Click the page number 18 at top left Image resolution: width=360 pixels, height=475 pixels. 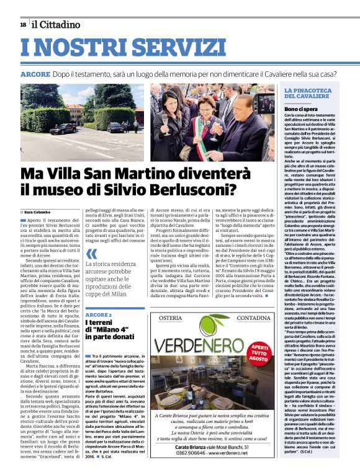click(x=23, y=24)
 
